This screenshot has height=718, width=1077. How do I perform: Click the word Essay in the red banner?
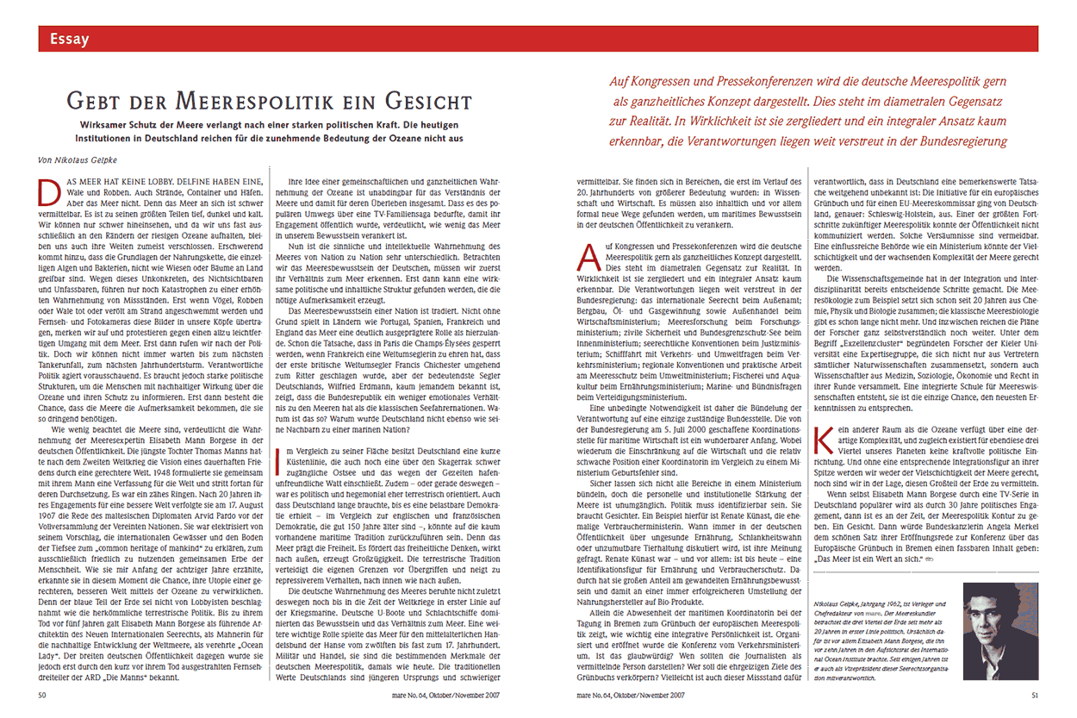(x=69, y=39)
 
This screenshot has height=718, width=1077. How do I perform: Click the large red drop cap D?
(x=51, y=189)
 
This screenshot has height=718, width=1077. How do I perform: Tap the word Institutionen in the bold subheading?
(x=109, y=137)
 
